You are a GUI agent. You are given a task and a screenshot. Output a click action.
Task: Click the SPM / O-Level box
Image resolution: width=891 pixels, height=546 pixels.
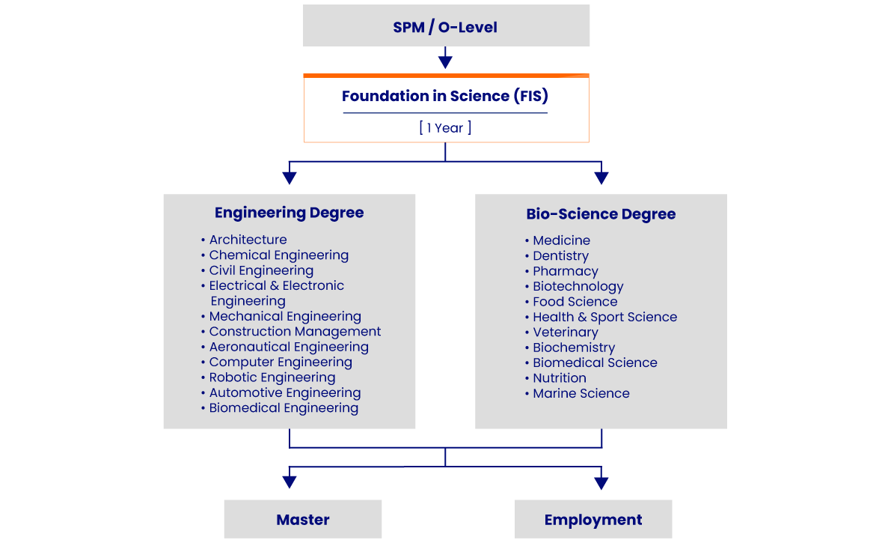[x=446, y=27]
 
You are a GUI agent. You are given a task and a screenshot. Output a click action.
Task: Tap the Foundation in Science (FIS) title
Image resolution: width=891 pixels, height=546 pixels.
[x=445, y=96]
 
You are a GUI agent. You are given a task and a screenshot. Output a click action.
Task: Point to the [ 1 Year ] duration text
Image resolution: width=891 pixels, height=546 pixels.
[x=445, y=127]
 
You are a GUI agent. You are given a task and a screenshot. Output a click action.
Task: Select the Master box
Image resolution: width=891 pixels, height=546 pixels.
[x=303, y=519]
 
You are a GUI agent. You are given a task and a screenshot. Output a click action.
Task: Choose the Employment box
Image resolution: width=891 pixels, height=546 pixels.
[x=593, y=519]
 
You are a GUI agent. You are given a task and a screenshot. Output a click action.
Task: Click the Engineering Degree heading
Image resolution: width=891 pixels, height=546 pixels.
[x=289, y=213]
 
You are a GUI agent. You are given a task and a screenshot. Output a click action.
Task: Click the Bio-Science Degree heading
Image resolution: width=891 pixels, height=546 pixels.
[x=601, y=214]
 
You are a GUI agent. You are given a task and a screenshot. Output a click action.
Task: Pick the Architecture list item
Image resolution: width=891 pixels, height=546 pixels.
[x=248, y=240]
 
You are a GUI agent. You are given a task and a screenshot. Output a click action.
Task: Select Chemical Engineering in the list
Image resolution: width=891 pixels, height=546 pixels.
[x=278, y=255]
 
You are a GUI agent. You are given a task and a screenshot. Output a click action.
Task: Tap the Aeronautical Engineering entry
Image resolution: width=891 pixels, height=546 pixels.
[x=289, y=347]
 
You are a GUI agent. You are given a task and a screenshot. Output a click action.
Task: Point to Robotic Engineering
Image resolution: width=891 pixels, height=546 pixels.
[x=272, y=377]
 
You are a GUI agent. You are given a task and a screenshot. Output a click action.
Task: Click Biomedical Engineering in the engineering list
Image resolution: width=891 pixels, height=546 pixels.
[x=284, y=408]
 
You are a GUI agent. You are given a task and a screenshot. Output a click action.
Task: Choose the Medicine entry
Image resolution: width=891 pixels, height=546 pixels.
[x=561, y=240]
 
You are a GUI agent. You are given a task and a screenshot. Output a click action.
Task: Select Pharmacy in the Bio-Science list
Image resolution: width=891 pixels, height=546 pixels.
[x=565, y=271]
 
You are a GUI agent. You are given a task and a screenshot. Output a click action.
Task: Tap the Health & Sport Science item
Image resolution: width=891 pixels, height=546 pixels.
[x=604, y=317]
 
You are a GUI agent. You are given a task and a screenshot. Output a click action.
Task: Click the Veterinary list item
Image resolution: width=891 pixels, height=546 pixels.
[x=565, y=333]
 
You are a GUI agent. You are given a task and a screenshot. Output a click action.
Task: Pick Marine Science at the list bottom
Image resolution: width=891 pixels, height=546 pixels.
[x=581, y=393]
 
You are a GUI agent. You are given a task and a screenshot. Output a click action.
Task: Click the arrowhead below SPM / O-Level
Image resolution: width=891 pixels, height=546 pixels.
[x=445, y=62]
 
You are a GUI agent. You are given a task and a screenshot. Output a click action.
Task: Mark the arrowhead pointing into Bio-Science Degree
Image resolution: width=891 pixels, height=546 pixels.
[x=601, y=178]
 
